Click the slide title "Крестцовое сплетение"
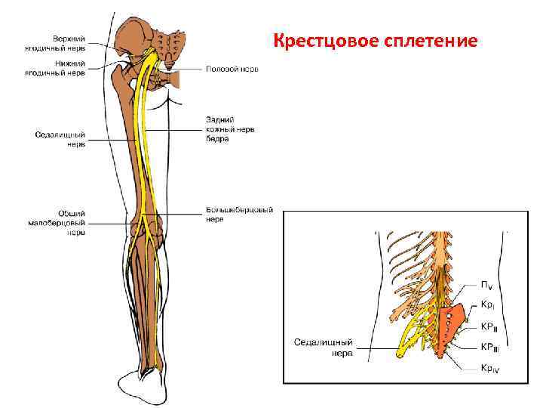tap(375, 40)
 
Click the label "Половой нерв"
tap(232, 69)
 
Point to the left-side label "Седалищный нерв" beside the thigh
tap(60, 138)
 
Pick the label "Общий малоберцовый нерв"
tap(60, 223)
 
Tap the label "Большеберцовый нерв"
tap(238, 215)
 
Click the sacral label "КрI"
tap(488, 305)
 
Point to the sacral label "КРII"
tap(489, 326)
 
